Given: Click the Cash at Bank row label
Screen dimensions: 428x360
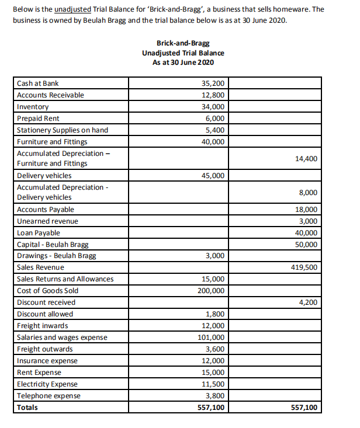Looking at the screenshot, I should pos(37,83).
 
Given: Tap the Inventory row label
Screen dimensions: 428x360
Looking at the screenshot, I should pos(33,107).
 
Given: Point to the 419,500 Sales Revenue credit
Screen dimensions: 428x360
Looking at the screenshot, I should pos(304,267).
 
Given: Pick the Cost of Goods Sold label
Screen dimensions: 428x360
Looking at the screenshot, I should pos(47,291).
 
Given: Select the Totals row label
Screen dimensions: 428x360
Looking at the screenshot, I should pos(27,408).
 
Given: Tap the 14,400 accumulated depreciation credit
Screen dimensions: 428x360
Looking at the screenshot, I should pos(307,158).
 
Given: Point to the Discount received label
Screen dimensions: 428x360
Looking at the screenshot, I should pos(46,302).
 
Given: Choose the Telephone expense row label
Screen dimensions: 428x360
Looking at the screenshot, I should pos(49,396).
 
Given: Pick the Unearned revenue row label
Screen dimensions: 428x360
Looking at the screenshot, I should pos(47,221).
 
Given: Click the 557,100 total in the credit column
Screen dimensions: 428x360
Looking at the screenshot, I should pos(304,408).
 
